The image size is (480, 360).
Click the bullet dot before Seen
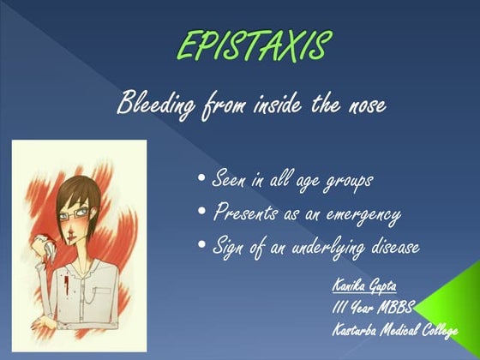201,179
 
